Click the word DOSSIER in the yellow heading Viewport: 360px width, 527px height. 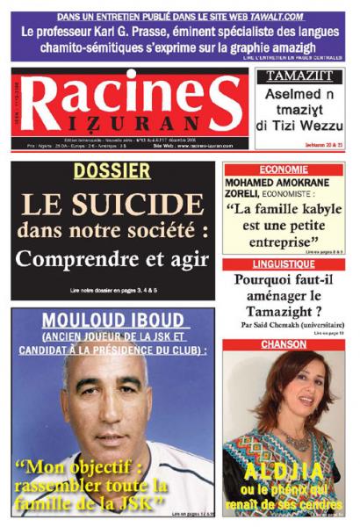112,171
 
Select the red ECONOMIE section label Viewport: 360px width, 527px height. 281,169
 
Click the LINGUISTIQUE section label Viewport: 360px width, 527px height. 281,263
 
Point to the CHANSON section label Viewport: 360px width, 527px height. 281,344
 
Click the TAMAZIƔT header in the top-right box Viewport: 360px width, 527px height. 299,76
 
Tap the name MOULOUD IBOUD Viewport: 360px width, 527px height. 112,320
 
